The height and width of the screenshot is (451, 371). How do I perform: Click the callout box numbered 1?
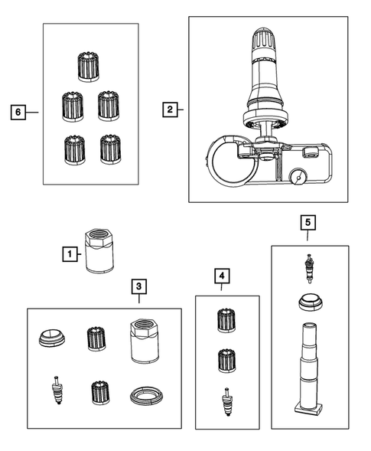coord(70,254)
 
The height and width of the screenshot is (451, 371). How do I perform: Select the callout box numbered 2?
coord(170,109)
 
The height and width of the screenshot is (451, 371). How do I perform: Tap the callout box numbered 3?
coord(139,286)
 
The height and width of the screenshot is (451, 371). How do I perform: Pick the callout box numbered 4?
coord(222,276)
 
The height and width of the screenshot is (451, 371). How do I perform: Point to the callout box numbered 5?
coord(308,222)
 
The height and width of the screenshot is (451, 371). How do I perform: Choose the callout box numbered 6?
coord(18,112)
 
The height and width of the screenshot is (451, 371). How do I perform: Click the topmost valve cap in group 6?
coord(89,67)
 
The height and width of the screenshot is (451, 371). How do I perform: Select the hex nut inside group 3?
coord(145,341)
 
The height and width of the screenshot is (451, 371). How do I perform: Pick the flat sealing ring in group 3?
coord(147,396)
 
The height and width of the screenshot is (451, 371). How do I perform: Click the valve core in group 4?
coord(227,402)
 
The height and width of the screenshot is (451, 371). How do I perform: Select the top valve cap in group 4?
coord(226,320)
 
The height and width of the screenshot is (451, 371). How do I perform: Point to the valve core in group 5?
coord(310,269)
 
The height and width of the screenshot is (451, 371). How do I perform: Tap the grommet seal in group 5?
coord(310,302)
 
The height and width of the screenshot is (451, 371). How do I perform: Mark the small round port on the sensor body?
coord(298,178)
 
